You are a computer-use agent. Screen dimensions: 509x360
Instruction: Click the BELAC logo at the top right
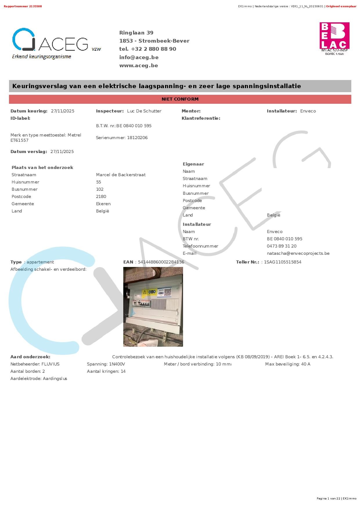[334, 39]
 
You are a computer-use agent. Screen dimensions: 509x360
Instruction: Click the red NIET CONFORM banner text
[180, 99]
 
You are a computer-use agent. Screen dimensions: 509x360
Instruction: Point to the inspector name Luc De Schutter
[144, 111]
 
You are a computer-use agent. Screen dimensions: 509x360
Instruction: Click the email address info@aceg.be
[139, 57]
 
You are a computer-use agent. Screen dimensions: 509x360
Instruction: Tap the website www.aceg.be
[138, 66]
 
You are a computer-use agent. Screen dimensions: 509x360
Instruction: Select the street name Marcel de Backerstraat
[121, 175]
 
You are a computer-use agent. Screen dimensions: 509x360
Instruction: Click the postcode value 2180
[101, 197]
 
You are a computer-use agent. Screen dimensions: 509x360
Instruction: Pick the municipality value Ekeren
[103, 204]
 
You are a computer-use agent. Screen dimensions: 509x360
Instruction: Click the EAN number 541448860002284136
[161, 262]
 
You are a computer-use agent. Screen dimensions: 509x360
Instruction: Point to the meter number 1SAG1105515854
[282, 262]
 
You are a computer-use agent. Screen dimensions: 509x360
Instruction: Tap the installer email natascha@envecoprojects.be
[298, 253]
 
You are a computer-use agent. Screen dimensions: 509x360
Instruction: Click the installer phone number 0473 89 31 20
[281, 246]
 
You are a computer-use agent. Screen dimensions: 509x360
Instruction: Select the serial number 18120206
[137, 138]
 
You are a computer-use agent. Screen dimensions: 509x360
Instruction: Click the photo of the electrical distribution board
[153, 307]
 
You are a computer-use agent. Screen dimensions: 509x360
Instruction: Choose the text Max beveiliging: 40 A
[287, 364]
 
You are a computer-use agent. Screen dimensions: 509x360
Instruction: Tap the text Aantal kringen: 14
[106, 371]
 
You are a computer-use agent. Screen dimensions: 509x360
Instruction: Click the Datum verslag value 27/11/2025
[62, 152]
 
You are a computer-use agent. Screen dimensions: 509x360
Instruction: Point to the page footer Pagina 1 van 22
[328, 499]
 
